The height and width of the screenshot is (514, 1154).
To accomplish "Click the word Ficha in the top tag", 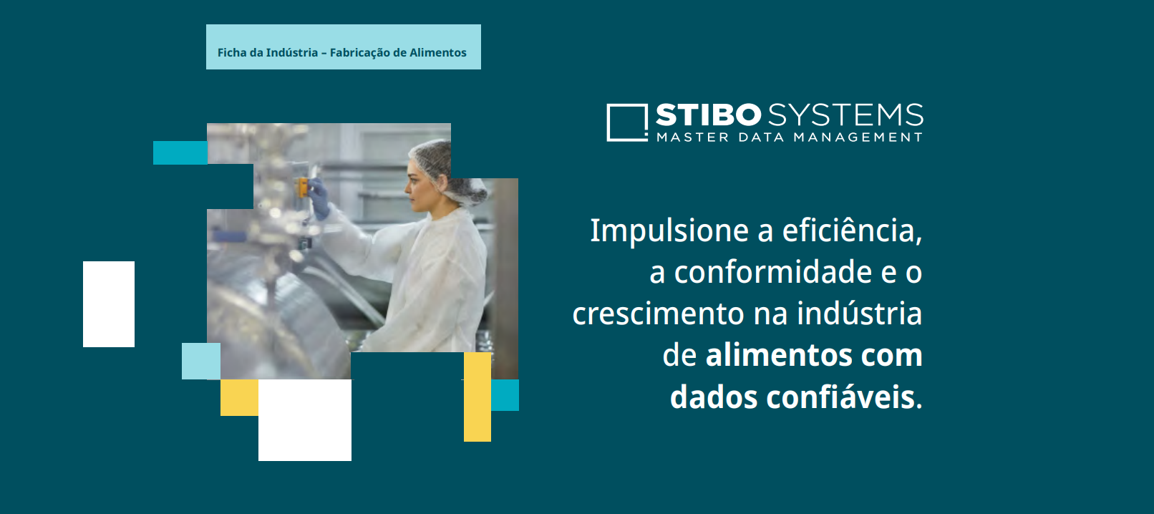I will coord(232,52).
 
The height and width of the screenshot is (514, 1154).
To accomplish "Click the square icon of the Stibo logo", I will coord(626,122).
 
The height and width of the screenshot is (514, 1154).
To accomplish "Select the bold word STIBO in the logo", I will coord(708,115).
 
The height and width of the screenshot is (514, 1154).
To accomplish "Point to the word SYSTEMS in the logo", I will coord(845,115).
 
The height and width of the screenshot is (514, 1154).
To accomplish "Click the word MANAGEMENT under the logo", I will coord(858,137).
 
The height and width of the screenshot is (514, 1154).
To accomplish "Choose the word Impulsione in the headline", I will coord(669,231).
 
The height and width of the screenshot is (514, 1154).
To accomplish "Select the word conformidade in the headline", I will coord(773,272).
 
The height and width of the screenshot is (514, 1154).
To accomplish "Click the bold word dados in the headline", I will coord(713,397).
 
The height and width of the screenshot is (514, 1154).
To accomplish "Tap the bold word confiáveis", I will coord(840,397).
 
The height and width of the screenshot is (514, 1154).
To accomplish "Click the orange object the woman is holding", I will coord(303,188).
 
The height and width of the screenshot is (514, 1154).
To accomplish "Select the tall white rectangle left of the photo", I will coord(109,304).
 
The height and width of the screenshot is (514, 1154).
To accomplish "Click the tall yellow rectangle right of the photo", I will coord(477,397).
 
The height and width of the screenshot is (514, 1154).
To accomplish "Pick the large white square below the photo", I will coord(305,420).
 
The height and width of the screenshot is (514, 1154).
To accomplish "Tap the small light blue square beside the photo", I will coord(200,361).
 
